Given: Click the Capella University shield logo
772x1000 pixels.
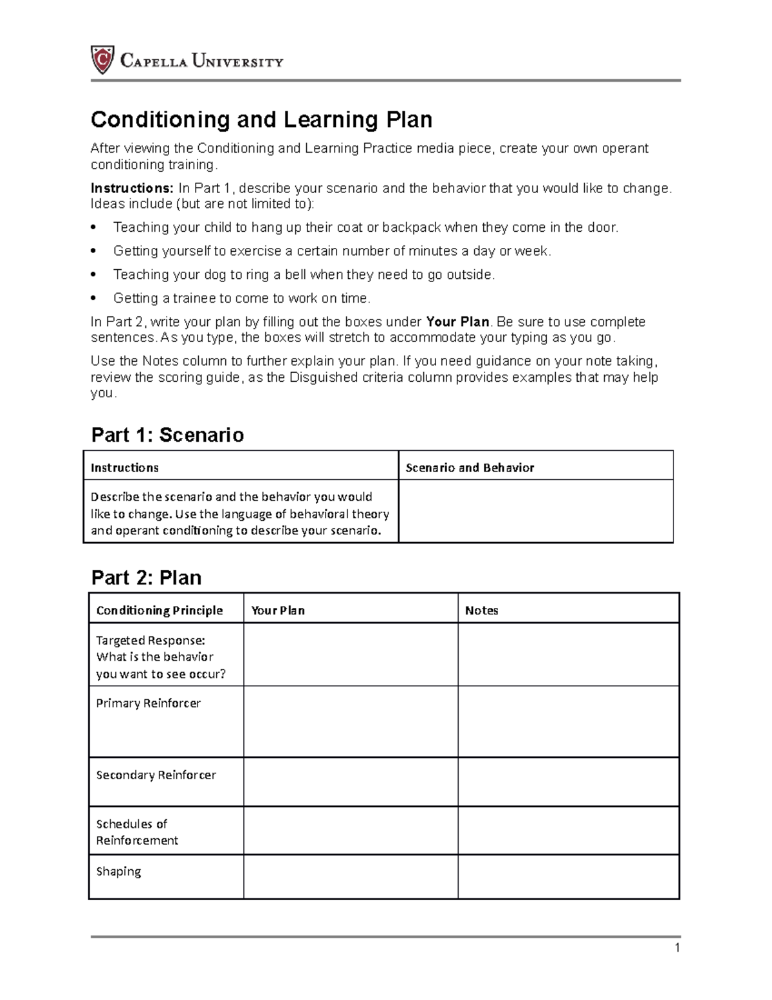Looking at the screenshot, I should click(102, 60).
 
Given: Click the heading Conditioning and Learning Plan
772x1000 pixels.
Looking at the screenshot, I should click(261, 120).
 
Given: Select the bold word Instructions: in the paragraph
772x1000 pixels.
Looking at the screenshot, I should click(131, 189).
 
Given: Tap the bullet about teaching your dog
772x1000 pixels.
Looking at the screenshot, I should click(304, 275).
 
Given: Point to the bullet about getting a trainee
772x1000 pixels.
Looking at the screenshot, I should click(242, 298).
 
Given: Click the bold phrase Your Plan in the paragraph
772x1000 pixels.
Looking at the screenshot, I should click(457, 322).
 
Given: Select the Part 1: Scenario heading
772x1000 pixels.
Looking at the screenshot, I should click(167, 435).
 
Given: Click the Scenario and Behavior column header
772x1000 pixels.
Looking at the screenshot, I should click(470, 468).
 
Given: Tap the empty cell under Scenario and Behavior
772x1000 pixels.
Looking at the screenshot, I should click(535, 511).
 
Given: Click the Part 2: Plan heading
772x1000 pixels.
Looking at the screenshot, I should click(146, 578).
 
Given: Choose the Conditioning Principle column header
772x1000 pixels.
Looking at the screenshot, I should click(160, 610).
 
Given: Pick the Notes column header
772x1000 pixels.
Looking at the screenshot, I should click(481, 610).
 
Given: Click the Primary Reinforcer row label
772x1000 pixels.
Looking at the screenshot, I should click(148, 703).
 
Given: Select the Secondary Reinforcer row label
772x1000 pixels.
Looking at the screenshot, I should click(156, 775).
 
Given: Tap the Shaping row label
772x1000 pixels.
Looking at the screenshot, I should click(118, 871).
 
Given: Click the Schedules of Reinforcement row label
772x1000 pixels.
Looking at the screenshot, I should click(137, 832).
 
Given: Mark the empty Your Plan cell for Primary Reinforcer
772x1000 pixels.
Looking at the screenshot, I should click(351, 721).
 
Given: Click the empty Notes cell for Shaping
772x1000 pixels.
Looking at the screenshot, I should click(568, 876).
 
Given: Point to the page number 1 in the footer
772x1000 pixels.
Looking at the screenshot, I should click(677, 948).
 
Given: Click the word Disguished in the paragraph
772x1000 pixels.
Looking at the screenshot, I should click(322, 377).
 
